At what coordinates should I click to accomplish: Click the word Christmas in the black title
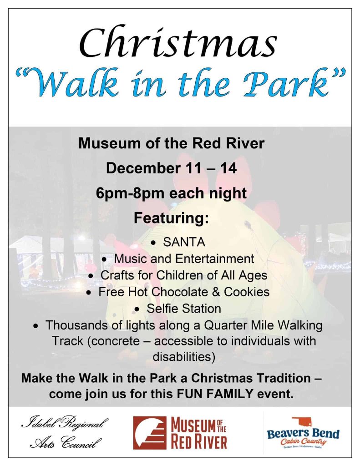click(178, 43)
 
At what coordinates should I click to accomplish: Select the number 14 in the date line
click(228, 168)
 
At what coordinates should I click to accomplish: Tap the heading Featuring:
click(171, 218)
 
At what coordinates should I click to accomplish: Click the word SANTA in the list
click(184, 242)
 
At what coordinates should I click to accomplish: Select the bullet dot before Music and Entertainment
click(104, 260)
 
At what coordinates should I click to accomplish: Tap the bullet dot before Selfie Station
click(137, 309)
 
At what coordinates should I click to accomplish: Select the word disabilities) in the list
click(184, 357)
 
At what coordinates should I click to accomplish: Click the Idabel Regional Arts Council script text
click(65, 433)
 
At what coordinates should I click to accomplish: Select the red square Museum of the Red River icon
click(150, 433)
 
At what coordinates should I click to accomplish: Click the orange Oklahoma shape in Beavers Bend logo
click(302, 422)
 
